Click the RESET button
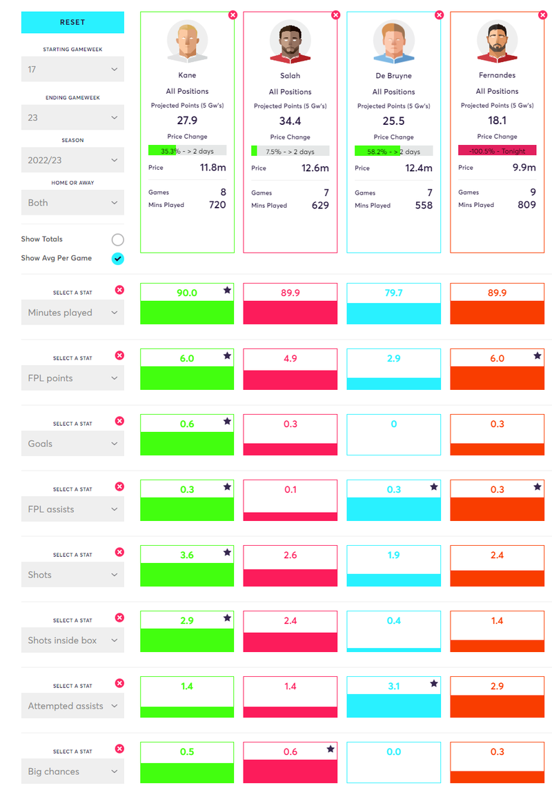[72, 22]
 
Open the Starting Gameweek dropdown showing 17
[72, 70]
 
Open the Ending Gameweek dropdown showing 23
[72, 118]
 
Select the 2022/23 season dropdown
[72, 160]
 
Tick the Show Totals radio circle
[118, 239]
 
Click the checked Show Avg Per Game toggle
[118, 258]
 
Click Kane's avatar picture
[187, 41]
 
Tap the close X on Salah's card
[336, 14]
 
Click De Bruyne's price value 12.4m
[418, 168]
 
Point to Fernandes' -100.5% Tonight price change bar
[497, 150]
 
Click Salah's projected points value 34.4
[290, 121]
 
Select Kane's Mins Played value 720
[217, 205]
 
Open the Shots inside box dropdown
[72, 640]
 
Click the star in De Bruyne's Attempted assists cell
[434, 684]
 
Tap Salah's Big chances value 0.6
[290, 751]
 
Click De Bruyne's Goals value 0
[394, 424]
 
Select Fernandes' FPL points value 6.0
[497, 358]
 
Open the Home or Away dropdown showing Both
[72, 203]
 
